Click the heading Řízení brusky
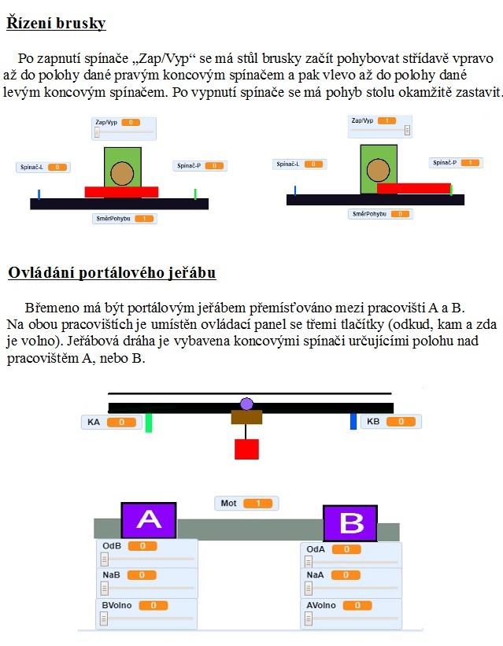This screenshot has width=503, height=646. coord(57,23)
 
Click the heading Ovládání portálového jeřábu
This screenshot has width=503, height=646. coord(112,273)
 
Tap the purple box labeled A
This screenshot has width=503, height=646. coord(149,520)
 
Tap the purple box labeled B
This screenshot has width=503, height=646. coord(350,523)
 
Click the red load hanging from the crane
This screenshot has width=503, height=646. coord(246,449)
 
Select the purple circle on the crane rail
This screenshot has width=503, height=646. coord(246,404)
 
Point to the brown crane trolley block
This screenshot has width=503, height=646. coord(246,417)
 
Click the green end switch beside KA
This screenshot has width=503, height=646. coord(149,423)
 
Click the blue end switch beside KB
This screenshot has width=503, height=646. coord(353,421)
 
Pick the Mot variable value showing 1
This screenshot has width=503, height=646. coord(258,503)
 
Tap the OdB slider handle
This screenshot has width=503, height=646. coord(105,559)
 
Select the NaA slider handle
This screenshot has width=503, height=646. coord(309,588)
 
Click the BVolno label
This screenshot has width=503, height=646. coord(117,605)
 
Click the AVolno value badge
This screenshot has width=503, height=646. coord(357,605)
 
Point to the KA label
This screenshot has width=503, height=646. coord(94,422)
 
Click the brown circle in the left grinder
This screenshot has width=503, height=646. coord(122,173)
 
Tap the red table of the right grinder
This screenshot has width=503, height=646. coord(413,188)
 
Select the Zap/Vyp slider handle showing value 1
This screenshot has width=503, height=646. coord(407,130)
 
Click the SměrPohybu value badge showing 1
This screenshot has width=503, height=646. coord(144,219)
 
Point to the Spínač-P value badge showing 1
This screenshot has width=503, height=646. coord(470,163)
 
